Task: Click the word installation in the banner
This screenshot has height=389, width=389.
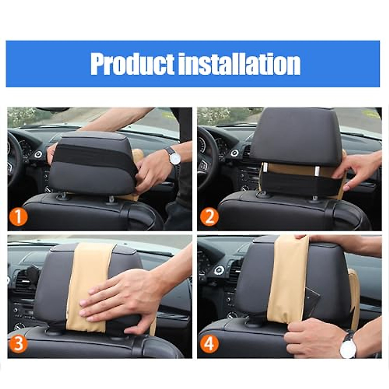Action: coord(240,64)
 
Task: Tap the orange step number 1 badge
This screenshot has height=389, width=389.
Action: coord(18,217)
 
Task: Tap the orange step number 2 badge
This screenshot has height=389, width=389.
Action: coord(209,217)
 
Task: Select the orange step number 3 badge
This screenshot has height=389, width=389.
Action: coord(18,343)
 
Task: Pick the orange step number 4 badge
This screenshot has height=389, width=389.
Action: coord(209,343)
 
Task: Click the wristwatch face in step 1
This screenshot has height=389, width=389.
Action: coord(175,158)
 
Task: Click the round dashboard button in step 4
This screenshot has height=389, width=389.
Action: coord(219,270)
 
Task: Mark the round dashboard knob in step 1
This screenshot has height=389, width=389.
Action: coord(38,154)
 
